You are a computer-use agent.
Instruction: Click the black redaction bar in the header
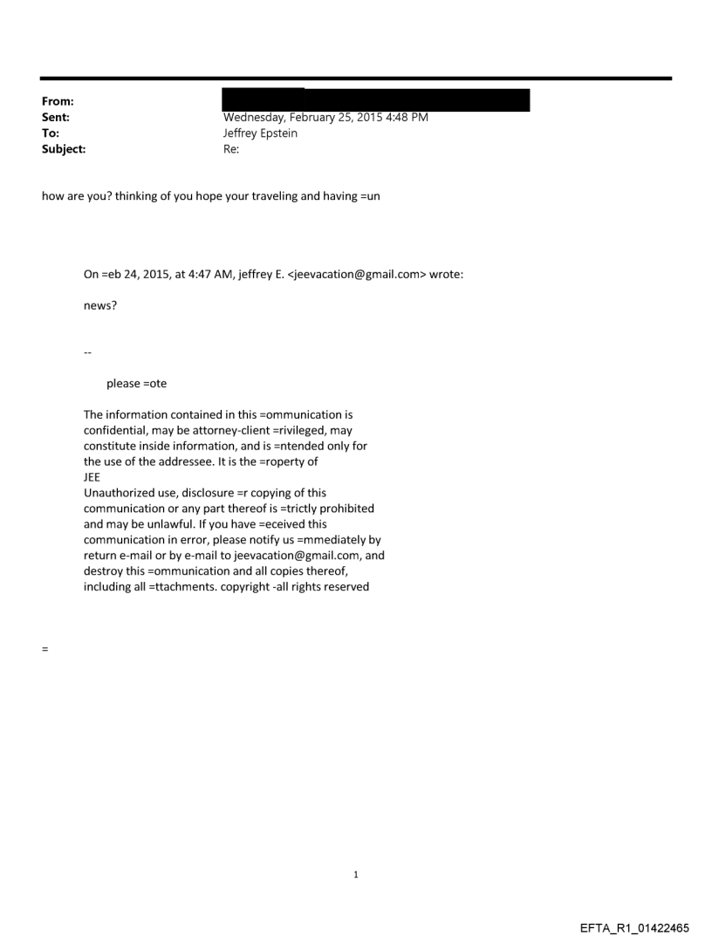pos(376,99)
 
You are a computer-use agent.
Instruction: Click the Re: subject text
pos(231,149)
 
